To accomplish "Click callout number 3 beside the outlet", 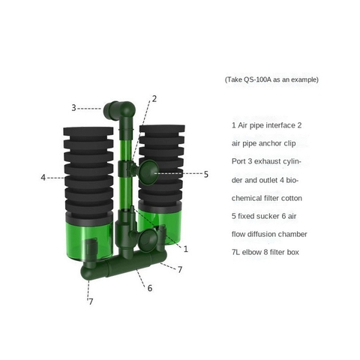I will click(74, 108).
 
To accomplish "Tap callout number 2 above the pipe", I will click(154, 98).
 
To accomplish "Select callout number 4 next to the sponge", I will click(43, 178).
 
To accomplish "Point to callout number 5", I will click(206, 174).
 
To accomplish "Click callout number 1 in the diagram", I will click(185, 248).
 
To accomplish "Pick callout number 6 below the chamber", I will click(149, 288).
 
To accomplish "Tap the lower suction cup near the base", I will click(148, 242).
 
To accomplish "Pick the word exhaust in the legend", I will click(274, 161).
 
